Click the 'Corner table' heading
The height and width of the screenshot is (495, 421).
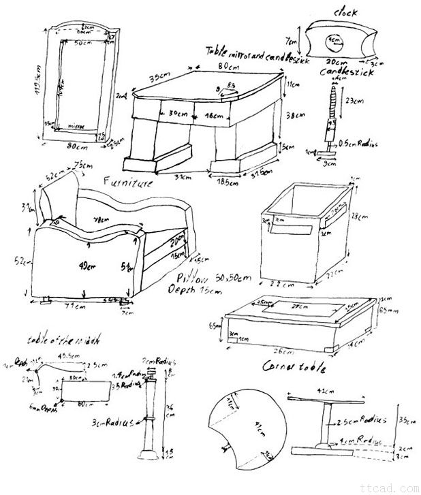pos(294,368)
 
